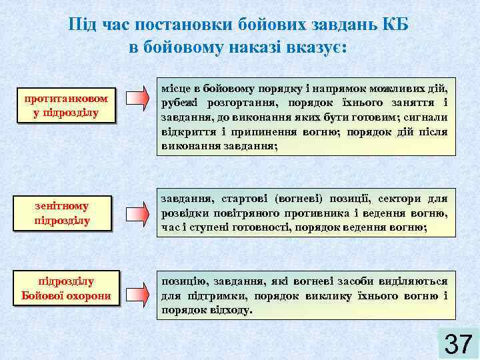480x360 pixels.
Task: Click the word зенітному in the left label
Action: click(x=61, y=206)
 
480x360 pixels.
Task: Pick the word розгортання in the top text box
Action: click(x=241, y=103)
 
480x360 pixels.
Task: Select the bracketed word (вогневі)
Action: click(x=299, y=199)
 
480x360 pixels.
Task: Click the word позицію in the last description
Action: click(x=183, y=282)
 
